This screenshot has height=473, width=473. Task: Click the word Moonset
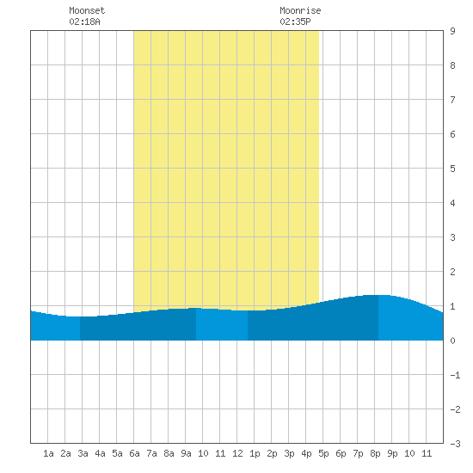point(87,10)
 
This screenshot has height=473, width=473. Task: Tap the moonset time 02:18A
point(84,21)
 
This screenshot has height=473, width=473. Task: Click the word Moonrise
point(300,10)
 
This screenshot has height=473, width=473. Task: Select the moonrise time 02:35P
point(295,21)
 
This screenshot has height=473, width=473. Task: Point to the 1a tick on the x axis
point(48,453)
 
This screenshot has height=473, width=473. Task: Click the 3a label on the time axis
point(83,453)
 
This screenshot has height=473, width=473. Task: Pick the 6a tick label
point(134,453)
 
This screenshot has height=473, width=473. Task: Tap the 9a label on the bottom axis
point(186,453)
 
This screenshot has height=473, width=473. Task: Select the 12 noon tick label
point(237,453)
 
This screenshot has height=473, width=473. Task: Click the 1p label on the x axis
point(255,453)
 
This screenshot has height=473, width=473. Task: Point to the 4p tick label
point(306,453)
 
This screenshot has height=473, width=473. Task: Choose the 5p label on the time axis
point(323,453)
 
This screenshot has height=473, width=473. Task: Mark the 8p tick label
point(375,453)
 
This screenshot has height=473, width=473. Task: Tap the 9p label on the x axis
point(392,453)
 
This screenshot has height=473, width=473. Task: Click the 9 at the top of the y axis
point(452,31)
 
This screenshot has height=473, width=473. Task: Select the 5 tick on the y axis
point(452,169)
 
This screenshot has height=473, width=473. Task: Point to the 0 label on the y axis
point(452,341)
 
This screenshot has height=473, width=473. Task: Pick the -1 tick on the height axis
point(455,375)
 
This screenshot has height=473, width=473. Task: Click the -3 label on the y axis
point(455,444)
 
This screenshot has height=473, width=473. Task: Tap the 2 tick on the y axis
point(452,272)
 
